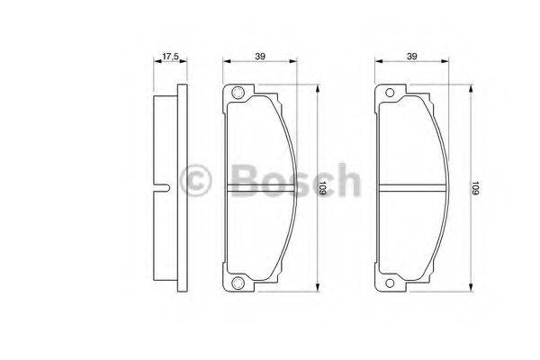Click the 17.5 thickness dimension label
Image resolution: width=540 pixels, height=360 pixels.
pos(168,57)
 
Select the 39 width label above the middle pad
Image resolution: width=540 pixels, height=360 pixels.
pos(260,57)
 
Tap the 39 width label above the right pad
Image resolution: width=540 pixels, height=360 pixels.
pos(412,57)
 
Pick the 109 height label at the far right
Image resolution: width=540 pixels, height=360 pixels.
pos(475,189)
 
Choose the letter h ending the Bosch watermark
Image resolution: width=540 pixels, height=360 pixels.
pos(346,179)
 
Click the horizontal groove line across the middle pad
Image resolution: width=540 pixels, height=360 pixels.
pos(261,189)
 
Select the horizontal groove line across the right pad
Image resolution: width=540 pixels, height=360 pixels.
pos(412,189)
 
